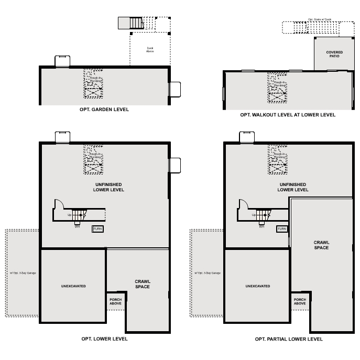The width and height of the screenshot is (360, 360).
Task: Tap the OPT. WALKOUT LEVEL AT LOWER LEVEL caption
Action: (288, 115)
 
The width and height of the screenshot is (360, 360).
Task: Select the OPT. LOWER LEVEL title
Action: (104, 339)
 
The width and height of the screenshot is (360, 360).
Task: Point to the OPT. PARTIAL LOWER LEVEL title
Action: (289, 339)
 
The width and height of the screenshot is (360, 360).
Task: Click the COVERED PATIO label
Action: (334, 54)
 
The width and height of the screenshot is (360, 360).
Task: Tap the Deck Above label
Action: (150, 50)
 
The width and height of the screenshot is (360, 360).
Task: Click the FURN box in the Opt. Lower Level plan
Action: (97, 229)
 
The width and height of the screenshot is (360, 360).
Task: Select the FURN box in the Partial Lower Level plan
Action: (282, 229)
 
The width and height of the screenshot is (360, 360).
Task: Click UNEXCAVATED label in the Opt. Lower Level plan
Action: (73, 286)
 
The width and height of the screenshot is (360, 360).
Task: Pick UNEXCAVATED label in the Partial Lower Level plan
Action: (257, 286)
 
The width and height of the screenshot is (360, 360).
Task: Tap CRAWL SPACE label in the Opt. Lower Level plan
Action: (143, 284)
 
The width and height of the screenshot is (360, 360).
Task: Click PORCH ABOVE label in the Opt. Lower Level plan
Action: (116, 301)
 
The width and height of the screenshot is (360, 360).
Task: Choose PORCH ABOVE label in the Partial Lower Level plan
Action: (300, 301)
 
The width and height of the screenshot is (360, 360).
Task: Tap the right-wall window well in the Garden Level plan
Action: (174, 89)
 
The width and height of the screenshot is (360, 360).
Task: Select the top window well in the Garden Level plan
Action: (62, 61)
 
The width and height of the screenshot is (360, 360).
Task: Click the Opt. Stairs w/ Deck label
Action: (320, 19)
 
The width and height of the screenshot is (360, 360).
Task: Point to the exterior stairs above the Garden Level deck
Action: (136, 23)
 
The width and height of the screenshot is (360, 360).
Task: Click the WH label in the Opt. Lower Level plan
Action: (77, 226)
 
